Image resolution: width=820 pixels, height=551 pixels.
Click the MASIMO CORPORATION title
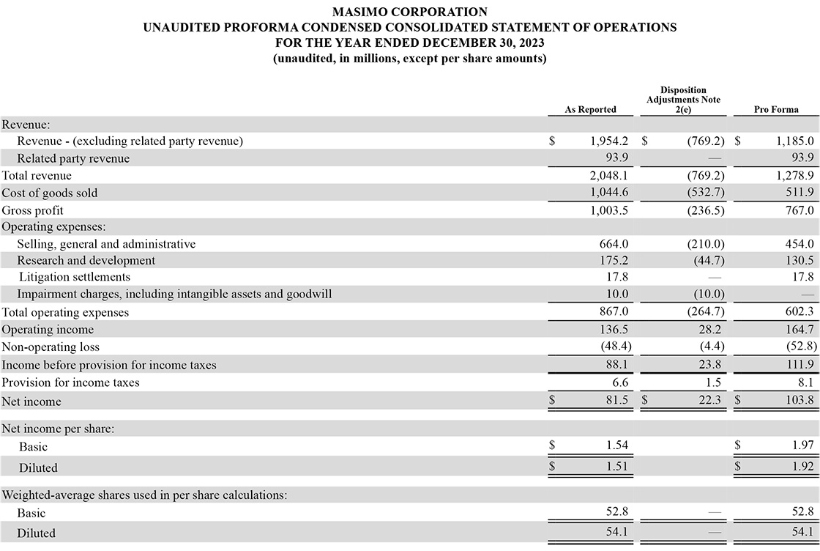[409, 12]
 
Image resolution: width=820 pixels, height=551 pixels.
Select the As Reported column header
[590, 109]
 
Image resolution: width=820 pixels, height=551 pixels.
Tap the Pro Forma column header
[775, 109]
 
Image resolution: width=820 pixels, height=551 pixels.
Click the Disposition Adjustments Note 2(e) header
[683, 100]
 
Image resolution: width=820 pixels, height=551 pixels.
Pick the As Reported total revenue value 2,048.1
[610, 176]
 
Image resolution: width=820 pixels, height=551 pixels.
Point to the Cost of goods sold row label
[50, 193]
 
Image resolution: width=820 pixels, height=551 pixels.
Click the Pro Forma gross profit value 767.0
[797, 210]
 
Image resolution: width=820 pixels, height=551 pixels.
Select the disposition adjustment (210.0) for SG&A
[706, 244]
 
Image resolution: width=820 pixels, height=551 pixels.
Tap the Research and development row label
[86, 260]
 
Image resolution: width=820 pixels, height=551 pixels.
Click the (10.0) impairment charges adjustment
[708, 295]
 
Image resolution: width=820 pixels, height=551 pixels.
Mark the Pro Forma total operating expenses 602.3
[797, 312]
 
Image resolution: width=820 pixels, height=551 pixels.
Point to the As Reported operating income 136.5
[614, 330]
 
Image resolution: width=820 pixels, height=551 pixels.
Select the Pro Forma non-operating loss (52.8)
[796, 347]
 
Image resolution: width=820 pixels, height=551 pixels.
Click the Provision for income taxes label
[70, 382]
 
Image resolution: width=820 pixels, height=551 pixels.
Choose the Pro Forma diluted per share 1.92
[802, 466]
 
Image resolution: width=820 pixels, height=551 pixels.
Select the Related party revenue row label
[73, 158]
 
